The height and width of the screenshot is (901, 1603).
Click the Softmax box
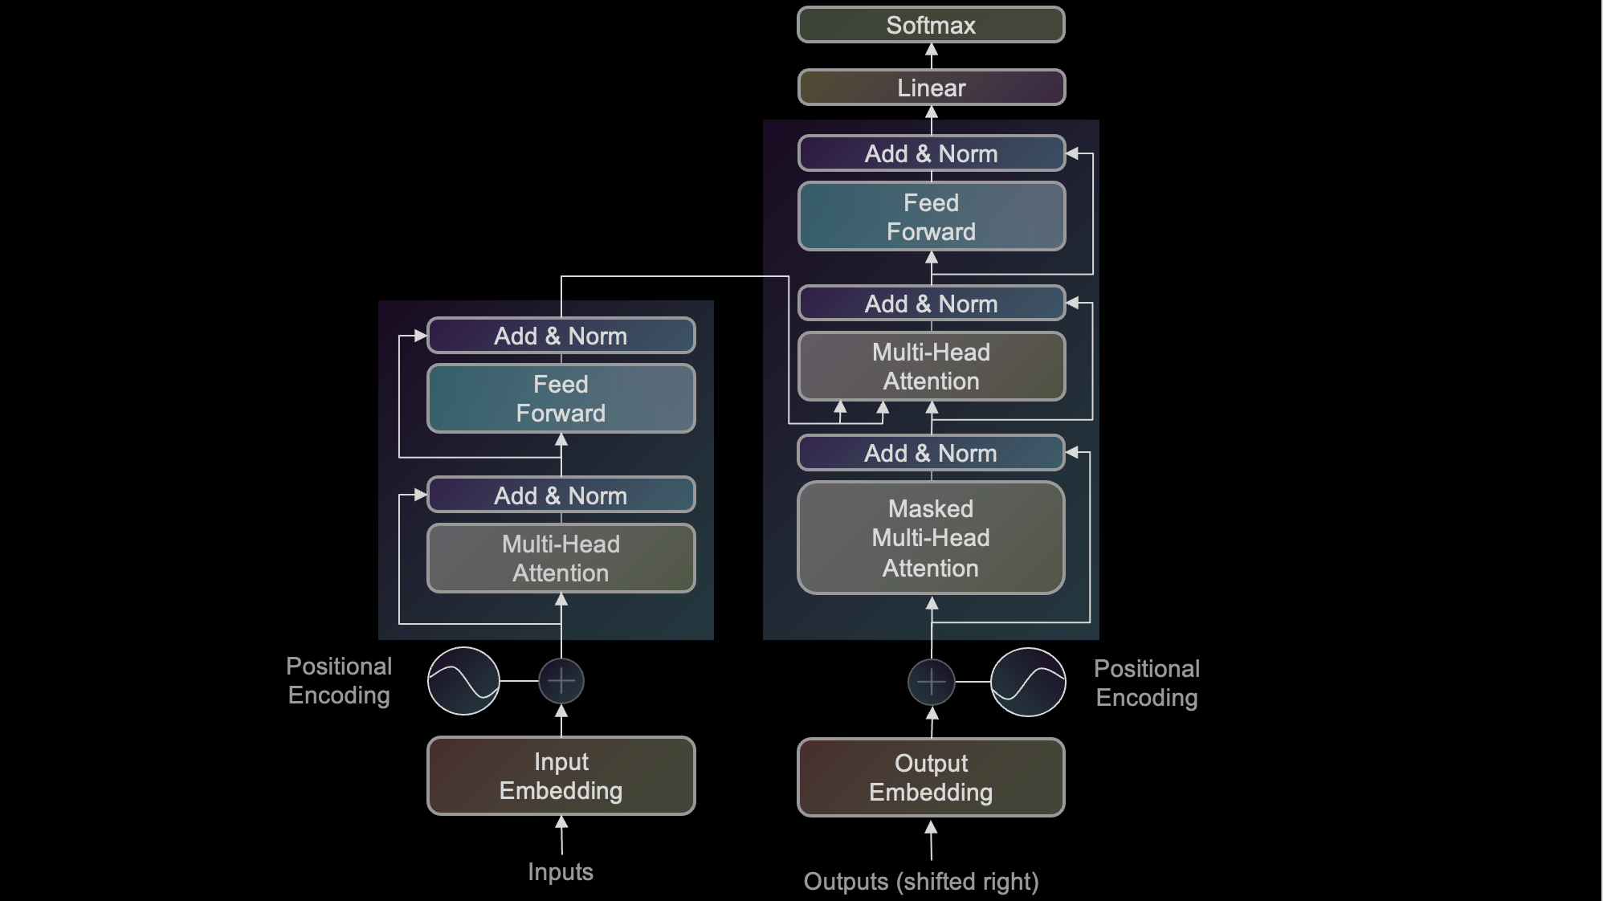tap(931, 25)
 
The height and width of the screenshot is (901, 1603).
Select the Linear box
tap(931, 88)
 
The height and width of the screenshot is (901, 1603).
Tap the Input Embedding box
tap(561, 776)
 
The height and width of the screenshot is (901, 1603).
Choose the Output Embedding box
tap(931, 777)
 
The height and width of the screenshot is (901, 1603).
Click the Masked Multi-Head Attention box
tap(931, 538)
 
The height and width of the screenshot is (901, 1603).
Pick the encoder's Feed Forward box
tap(561, 398)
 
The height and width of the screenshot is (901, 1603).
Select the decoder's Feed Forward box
tap(931, 217)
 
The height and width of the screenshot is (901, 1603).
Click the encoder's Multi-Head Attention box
tap(561, 558)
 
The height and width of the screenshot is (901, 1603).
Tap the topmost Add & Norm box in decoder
tap(931, 153)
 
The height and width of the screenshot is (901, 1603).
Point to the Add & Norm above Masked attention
tap(931, 453)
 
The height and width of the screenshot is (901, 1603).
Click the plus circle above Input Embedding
tap(561, 681)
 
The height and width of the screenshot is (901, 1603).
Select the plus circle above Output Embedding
tap(931, 682)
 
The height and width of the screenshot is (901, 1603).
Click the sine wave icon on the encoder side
tap(463, 681)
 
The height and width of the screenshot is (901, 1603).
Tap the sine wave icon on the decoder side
tap(1028, 682)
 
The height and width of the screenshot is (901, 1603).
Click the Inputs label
tap(561, 871)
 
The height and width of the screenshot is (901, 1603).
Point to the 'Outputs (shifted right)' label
tap(921, 881)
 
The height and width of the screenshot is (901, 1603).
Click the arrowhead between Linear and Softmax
tap(931, 51)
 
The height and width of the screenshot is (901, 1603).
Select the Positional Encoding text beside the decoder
tap(1146, 683)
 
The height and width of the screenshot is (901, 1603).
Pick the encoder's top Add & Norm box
tap(561, 336)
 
